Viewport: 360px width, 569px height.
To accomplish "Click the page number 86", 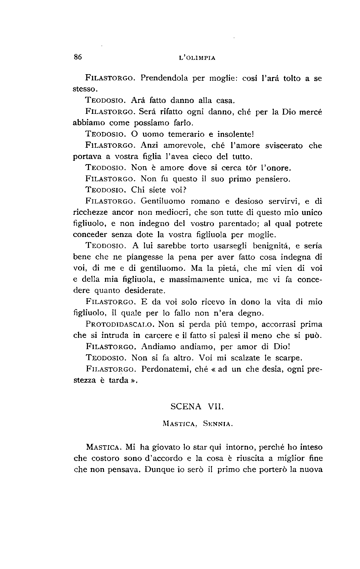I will point(78,57).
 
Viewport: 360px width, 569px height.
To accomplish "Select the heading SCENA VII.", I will point(197,407).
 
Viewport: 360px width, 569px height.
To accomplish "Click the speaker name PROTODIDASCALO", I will point(121,324).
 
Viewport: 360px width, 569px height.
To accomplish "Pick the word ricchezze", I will point(91,213).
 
